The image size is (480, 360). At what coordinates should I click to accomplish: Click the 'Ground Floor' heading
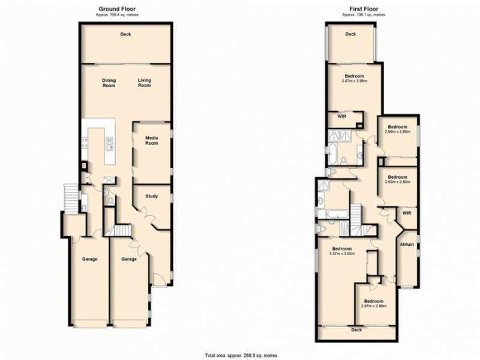(x=124, y=9)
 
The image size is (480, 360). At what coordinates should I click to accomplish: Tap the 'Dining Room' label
(x=109, y=83)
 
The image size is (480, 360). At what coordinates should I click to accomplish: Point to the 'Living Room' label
(x=144, y=83)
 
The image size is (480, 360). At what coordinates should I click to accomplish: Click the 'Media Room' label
(x=152, y=140)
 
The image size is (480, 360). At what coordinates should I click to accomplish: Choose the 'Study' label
(x=152, y=195)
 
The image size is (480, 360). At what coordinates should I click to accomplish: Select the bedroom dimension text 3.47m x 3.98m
(x=354, y=80)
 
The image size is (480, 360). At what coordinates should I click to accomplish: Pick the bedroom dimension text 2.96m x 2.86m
(x=398, y=131)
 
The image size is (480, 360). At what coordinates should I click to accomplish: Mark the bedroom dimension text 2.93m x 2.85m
(x=398, y=181)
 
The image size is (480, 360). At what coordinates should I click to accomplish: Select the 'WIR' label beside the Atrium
(x=406, y=212)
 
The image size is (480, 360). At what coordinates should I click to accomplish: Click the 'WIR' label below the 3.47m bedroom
(x=341, y=116)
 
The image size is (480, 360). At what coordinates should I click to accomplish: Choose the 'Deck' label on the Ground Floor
(x=125, y=34)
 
